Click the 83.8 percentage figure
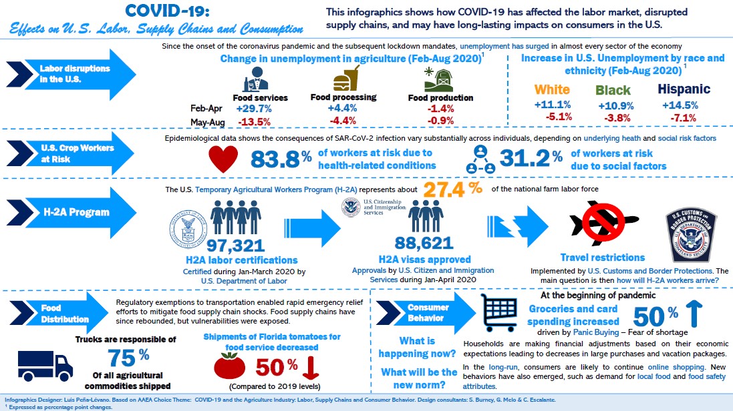[275, 159]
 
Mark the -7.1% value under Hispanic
[680, 117]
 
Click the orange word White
[553, 89]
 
